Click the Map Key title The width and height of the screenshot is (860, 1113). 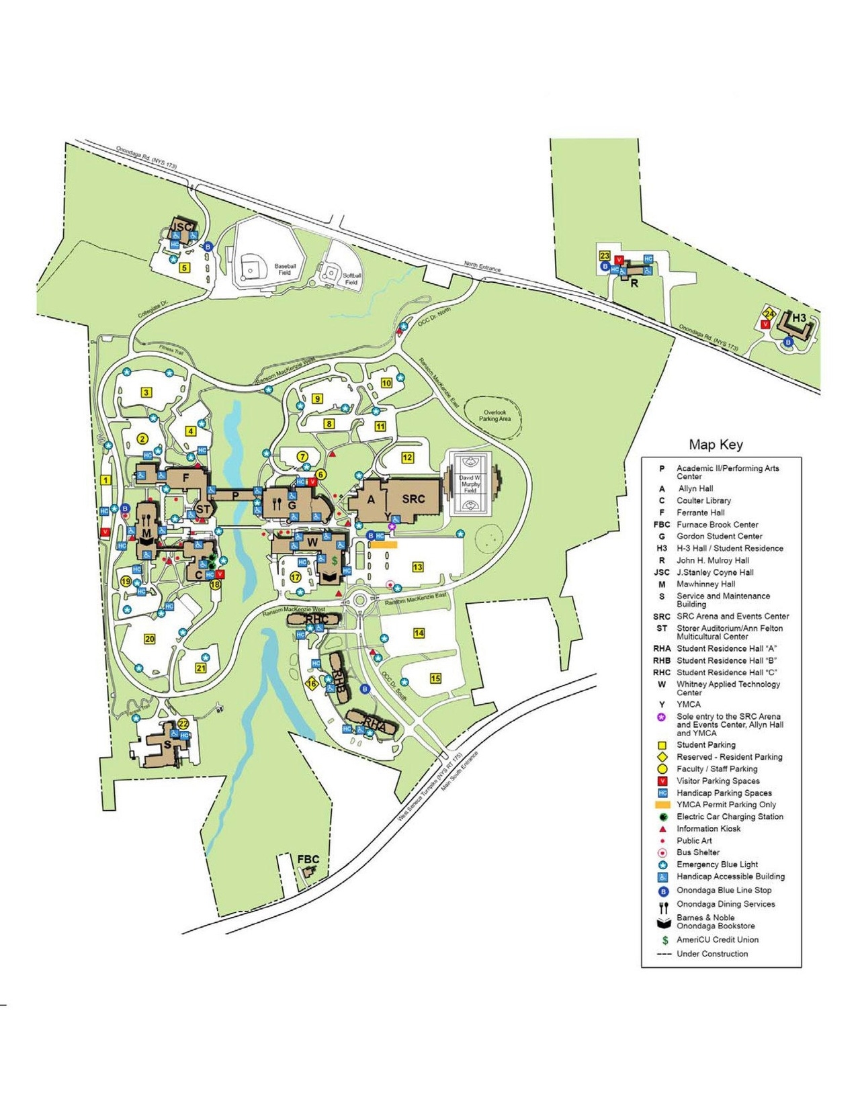pyautogui.click(x=716, y=445)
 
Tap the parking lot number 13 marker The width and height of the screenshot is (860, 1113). pyautogui.click(x=418, y=567)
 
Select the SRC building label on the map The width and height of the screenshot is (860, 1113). pyautogui.click(x=413, y=499)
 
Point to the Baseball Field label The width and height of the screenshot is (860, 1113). pyautogui.click(x=285, y=269)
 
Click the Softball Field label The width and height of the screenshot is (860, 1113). pyautogui.click(x=352, y=279)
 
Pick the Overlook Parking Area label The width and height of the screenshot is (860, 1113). pyautogui.click(x=494, y=415)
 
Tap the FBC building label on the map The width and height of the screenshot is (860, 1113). pyautogui.click(x=308, y=859)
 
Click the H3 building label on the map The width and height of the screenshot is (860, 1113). pyautogui.click(x=799, y=318)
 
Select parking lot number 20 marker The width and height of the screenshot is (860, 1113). pyautogui.click(x=150, y=639)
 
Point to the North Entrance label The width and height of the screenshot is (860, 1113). pyautogui.click(x=482, y=267)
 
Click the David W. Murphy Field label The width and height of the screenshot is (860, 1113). pyautogui.click(x=470, y=484)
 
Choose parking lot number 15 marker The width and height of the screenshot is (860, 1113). pyautogui.click(x=435, y=678)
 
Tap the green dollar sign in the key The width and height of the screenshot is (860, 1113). pyautogui.click(x=662, y=940)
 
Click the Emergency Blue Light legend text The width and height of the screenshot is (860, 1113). pyautogui.click(x=717, y=864)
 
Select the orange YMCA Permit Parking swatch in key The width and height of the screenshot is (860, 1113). pyautogui.click(x=662, y=805)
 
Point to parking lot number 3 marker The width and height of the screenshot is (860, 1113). pyautogui.click(x=146, y=392)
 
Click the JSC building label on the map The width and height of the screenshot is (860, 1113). pyautogui.click(x=181, y=227)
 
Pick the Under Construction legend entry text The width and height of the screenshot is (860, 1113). pyautogui.click(x=712, y=954)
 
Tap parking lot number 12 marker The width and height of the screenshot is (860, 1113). pyautogui.click(x=407, y=457)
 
